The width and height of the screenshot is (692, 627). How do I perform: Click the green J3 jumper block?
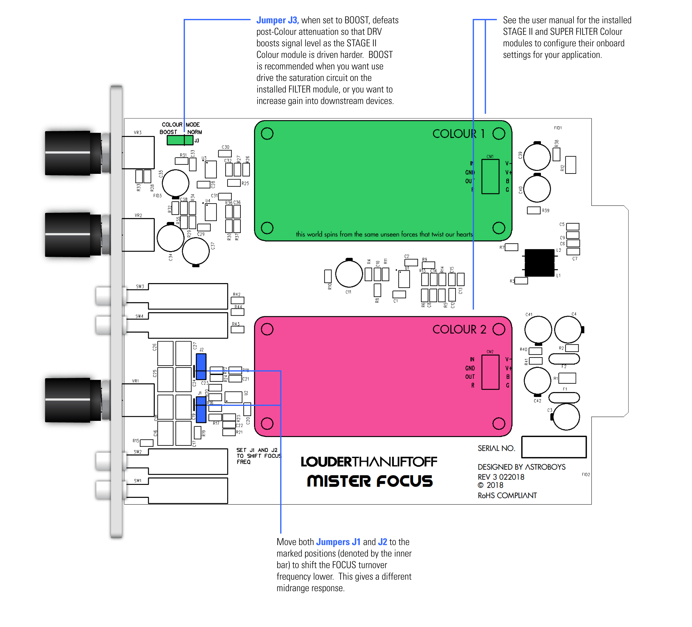point(180,140)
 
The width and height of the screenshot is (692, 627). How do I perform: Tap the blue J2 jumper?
point(201,366)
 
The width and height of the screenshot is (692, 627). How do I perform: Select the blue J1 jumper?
point(201,409)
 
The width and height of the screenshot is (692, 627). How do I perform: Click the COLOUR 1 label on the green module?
point(458,134)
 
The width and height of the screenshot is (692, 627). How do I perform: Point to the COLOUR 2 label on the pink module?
point(459,329)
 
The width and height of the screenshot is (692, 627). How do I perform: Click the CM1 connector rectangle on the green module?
point(490,176)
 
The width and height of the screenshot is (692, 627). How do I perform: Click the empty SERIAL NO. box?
point(554,447)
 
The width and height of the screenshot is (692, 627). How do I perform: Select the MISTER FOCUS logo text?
point(370,481)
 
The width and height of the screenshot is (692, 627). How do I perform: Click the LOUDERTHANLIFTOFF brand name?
point(369,462)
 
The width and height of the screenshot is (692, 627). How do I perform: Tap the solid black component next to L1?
point(539,263)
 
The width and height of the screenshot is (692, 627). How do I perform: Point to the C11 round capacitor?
point(349,274)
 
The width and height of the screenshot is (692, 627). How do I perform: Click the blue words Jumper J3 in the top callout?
point(277,20)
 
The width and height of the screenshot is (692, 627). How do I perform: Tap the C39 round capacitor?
point(537,157)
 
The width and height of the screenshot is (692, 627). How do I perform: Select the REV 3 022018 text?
point(501,477)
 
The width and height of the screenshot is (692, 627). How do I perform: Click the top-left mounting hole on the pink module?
point(267,329)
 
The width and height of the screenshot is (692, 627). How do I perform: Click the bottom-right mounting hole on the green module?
point(499,227)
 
